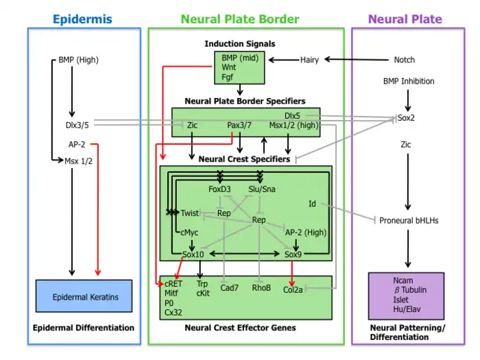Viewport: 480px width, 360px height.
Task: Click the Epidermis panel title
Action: pos(82,19)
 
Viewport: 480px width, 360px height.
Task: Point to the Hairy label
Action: pos(310,60)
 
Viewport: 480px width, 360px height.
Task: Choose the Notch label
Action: pos(405,60)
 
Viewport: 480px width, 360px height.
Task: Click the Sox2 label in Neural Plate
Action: pos(407,118)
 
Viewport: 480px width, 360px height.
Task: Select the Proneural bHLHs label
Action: pos(409,221)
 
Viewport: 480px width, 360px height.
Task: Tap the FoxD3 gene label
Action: pos(219,189)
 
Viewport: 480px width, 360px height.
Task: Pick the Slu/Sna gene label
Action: pos(261,189)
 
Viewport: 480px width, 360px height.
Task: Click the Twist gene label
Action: pos(190,213)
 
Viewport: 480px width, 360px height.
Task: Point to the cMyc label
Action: pos(189,232)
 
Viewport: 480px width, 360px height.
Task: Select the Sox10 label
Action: pos(193,254)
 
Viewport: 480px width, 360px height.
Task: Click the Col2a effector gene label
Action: pos(293,289)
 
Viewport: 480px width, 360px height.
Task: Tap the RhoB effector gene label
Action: pos(261,288)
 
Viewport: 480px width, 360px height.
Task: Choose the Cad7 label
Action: pos(229,288)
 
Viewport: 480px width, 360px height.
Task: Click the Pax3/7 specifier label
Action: pos(240,125)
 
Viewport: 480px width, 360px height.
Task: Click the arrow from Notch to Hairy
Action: pos(357,60)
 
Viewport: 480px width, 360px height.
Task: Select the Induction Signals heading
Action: pos(240,44)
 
